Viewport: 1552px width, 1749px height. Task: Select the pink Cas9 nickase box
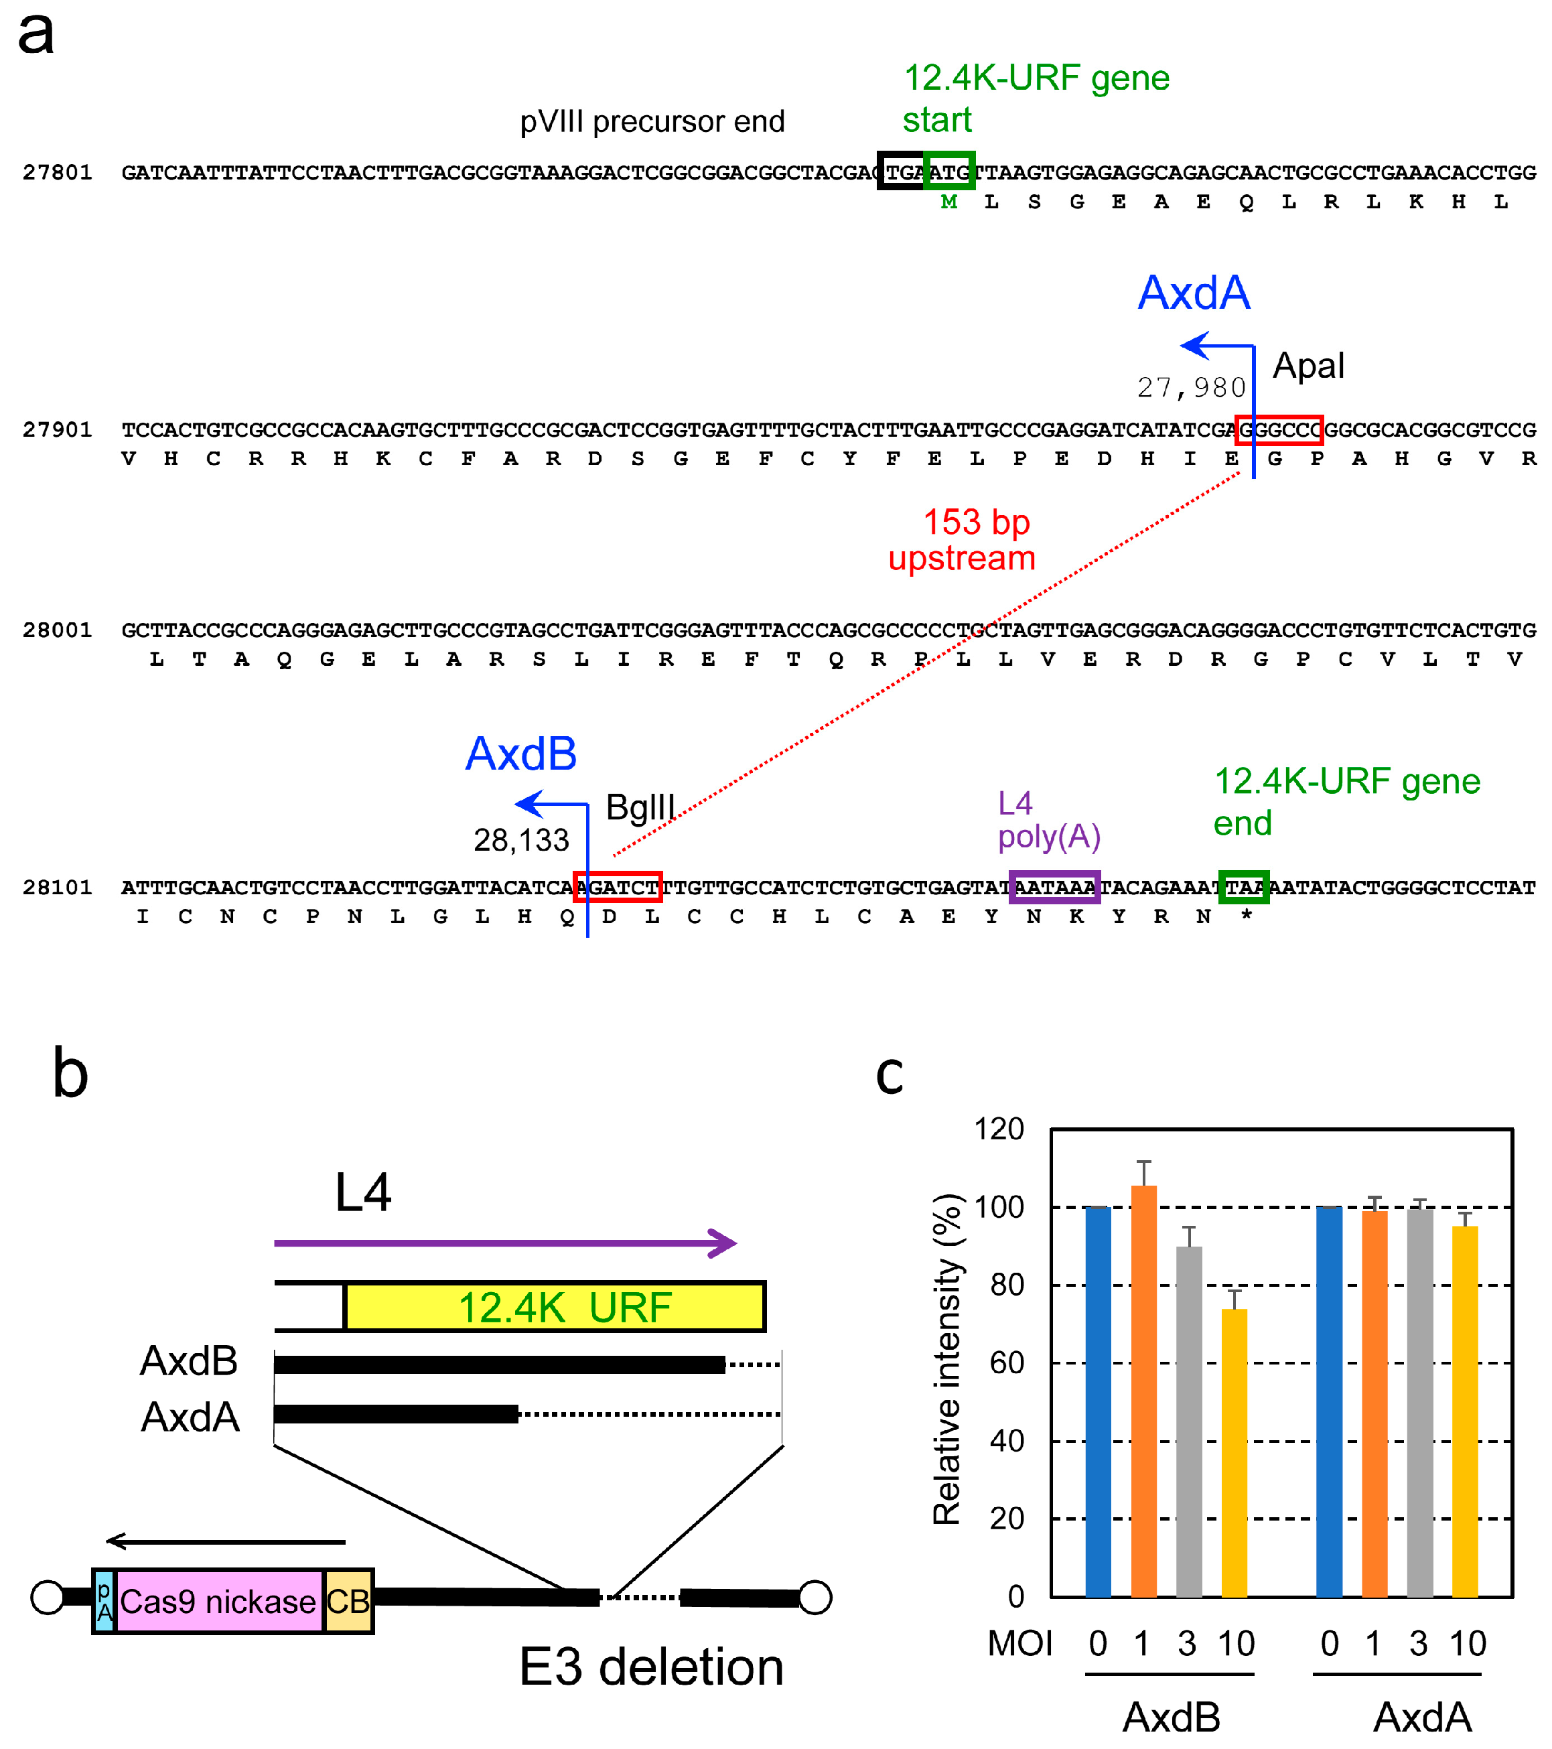(218, 1601)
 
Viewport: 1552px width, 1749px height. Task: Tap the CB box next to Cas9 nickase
(348, 1601)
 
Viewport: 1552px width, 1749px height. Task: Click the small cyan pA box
(104, 1601)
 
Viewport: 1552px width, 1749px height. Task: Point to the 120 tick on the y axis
(999, 1129)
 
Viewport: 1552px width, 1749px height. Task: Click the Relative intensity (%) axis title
(947, 1360)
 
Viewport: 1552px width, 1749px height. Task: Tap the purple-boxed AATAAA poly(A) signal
(1054, 888)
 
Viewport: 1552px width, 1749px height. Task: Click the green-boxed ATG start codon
(949, 172)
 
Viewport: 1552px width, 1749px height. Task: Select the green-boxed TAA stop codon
(1243, 888)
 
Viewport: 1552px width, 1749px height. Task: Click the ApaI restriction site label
(1308, 366)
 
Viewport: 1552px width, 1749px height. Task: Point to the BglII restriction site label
(640, 807)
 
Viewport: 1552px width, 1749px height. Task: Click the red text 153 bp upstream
(963, 540)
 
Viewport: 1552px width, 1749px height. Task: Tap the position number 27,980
(1191, 388)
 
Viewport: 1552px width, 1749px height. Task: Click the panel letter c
(890, 1074)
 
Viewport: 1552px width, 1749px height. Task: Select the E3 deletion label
(651, 1667)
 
